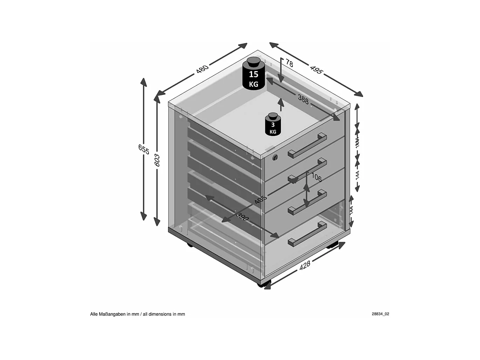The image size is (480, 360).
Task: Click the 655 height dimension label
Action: tap(144, 149)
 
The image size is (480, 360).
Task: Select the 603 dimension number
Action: tap(157, 160)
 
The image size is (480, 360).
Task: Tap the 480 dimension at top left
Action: tap(202, 68)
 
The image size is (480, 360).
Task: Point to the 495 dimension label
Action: tap(316, 69)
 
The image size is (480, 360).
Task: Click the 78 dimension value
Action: tap(289, 63)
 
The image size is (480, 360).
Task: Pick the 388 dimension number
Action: tap(303, 100)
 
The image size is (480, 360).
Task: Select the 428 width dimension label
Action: tap(304, 265)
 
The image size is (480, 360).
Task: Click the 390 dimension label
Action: tap(242, 217)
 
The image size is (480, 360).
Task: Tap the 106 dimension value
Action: tap(316, 177)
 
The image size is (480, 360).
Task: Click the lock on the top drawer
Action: tap(275, 157)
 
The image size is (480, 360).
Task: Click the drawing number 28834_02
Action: tap(380, 314)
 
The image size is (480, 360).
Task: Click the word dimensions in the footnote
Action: tap(160, 314)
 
